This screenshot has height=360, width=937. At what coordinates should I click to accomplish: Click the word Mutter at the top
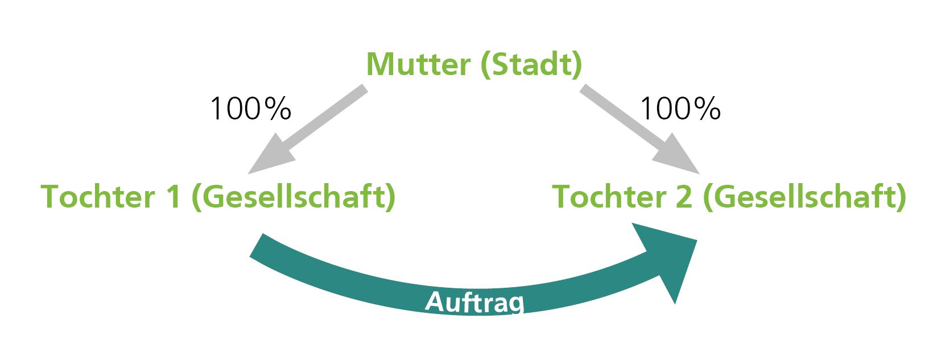pyautogui.click(x=418, y=64)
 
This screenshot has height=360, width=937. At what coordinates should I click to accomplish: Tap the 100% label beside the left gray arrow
pyautogui.click(x=250, y=109)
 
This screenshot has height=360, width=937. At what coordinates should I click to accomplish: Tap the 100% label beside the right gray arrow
pyautogui.click(x=680, y=109)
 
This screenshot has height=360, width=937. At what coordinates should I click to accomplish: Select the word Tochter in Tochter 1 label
pyautogui.click(x=98, y=197)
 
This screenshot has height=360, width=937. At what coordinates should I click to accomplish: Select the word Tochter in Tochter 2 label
pyautogui.click(x=609, y=197)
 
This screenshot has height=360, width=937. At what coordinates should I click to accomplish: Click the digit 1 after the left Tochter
pyautogui.click(x=174, y=197)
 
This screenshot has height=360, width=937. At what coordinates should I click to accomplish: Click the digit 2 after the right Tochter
pyautogui.click(x=684, y=197)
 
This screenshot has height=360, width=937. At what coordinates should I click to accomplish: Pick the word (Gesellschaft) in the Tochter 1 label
pyautogui.click(x=293, y=197)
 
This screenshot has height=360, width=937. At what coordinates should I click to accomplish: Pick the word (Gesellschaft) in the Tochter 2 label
pyautogui.click(x=805, y=197)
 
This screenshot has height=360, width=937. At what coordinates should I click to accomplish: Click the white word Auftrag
pyautogui.click(x=475, y=303)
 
